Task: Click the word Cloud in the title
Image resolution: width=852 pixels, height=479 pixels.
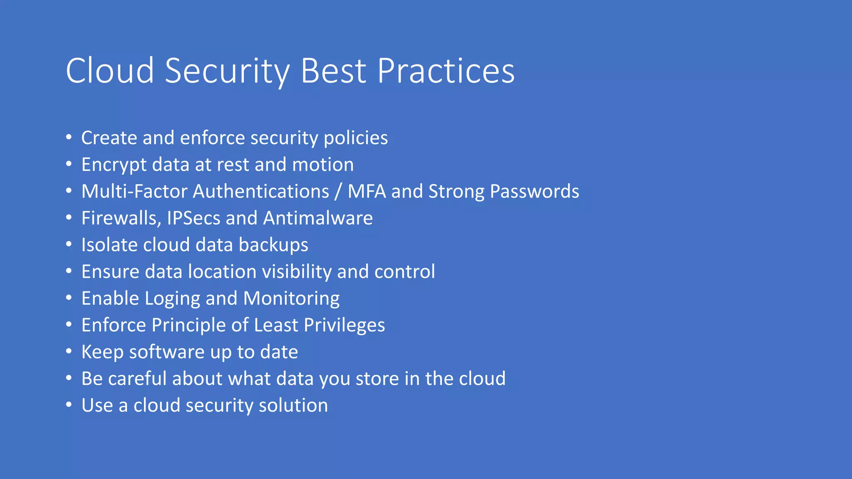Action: [x=110, y=71]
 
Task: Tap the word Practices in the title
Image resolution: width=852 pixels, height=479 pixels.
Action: [x=446, y=71]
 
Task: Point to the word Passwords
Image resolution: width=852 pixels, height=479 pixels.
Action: [x=534, y=191]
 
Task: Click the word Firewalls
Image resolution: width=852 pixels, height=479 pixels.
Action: [x=121, y=218]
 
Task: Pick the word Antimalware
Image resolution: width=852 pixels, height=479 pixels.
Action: [x=318, y=218]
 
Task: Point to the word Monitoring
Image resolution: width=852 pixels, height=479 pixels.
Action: [x=291, y=299]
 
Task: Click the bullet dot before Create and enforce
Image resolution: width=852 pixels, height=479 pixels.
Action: [x=69, y=137]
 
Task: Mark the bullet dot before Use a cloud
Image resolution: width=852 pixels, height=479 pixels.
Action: [x=69, y=405]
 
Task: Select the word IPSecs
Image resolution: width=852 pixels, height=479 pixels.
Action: [x=193, y=218]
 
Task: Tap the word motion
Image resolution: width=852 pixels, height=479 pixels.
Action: [x=323, y=165]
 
